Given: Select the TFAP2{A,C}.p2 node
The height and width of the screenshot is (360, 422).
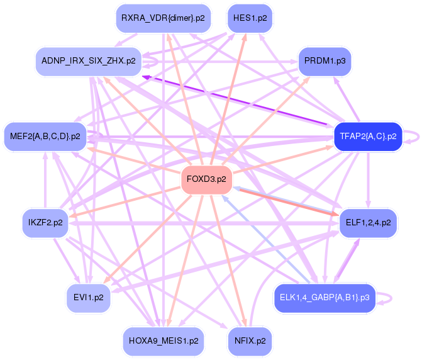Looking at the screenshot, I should (368, 136).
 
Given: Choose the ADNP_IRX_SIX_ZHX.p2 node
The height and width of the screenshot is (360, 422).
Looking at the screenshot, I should (88, 62).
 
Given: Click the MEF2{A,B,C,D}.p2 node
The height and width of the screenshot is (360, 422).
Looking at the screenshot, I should (45, 136).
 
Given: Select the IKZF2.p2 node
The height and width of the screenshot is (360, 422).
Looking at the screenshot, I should (45, 223).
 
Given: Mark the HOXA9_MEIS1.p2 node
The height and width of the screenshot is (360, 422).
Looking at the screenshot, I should (164, 340).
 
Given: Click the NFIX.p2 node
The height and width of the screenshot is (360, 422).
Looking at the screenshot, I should (250, 340).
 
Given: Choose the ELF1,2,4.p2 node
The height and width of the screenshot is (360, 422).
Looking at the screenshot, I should (368, 223).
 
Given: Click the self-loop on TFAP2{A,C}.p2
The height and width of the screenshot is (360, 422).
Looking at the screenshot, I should (413, 137).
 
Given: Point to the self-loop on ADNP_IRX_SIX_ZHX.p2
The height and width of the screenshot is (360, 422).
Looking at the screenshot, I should (152, 61).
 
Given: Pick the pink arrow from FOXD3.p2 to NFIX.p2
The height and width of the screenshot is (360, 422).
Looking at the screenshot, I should (227, 257).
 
